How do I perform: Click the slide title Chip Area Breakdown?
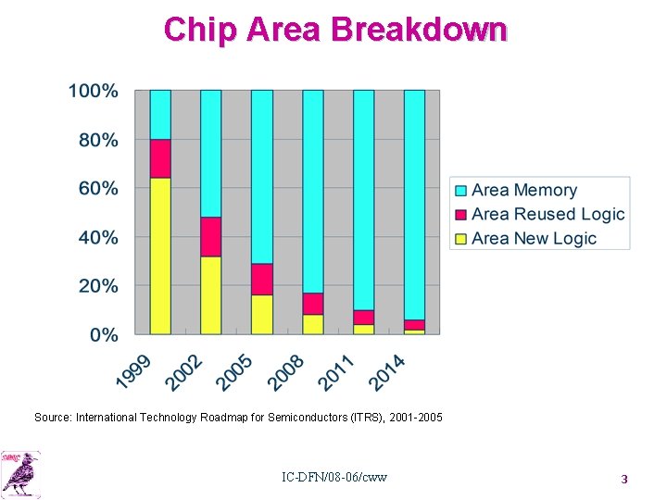coord(334,29)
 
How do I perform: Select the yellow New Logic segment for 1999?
coord(160,256)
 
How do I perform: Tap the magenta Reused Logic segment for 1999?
coord(160,158)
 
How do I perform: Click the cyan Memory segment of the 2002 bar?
coord(211,154)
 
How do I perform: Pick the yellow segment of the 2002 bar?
coord(211,294)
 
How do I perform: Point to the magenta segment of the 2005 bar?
coord(262,279)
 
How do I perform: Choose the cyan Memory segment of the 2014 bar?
coord(414,204)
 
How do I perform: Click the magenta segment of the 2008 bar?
coord(313,304)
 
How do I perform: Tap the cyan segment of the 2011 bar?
coord(363,199)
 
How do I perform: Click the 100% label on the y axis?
coord(93,92)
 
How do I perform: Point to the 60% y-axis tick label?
coord(97,189)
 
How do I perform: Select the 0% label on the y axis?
coord(103,334)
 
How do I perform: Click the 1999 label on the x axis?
coord(133,369)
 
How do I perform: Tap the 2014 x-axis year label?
coord(388,369)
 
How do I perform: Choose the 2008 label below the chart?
coord(286,369)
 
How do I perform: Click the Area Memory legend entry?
coord(523,190)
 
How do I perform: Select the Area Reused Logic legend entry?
coord(547,214)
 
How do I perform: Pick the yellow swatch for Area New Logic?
coord(460,238)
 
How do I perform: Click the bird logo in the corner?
coord(21,473)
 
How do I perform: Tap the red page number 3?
coord(623,479)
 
